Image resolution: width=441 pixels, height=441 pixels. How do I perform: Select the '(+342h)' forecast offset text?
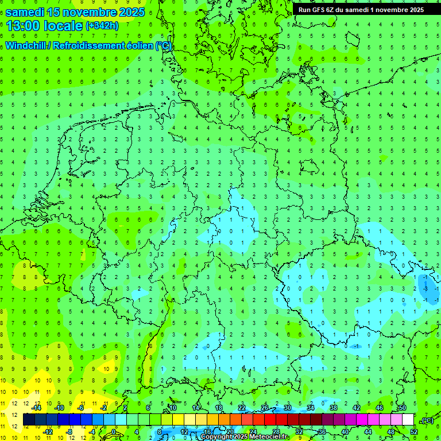[x=102, y=26]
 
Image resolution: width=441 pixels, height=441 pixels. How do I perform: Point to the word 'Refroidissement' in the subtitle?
[x=88, y=45]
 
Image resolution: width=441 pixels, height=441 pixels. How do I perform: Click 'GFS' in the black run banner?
[x=319, y=10]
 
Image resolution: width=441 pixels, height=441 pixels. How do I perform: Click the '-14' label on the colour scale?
[x=37, y=408]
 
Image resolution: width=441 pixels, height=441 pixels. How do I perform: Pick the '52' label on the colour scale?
[x=414, y=431]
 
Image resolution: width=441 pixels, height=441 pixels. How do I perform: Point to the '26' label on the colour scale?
[x=264, y=408]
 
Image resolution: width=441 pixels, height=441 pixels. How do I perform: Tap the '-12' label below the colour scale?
[x=48, y=431]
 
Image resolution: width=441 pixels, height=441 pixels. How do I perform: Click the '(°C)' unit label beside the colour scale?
[x=427, y=420]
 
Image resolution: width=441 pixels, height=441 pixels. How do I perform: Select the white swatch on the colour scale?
[x=408, y=420]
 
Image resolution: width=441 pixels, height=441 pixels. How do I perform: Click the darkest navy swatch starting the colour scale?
[x=29, y=420]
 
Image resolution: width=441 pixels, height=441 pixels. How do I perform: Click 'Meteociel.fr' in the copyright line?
[x=269, y=437]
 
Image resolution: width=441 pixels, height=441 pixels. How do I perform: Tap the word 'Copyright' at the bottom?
[x=216, y=437]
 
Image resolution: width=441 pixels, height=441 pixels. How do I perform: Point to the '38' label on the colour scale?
[x=333, y=408]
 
